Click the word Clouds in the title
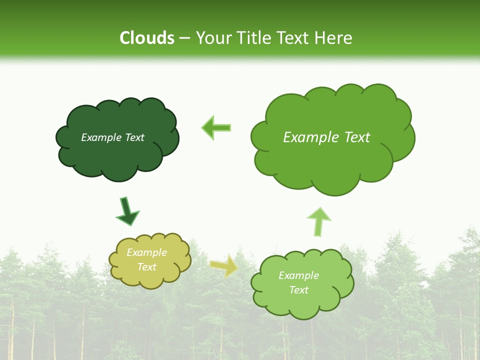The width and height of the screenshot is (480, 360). click(x=147, y=38)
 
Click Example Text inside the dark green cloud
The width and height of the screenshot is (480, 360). click(x=112, y=137)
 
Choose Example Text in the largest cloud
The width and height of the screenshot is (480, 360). click(x=326, y=137)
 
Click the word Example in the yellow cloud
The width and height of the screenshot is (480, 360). click(x=146, y=252)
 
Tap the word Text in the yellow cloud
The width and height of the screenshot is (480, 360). click(x=146, y=267)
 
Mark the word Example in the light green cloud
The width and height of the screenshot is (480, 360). click(x=298, y=275)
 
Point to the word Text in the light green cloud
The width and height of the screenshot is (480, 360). click(x=298, y=290)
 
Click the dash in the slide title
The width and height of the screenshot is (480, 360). click(x=184, y=38)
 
